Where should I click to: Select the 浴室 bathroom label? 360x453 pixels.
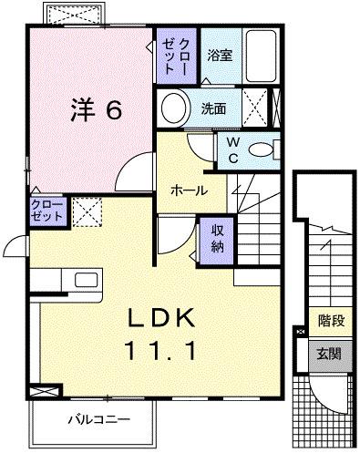coord(219,55)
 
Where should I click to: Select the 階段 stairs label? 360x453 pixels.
coord(331,321)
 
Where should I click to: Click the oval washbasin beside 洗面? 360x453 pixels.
coord(173,108)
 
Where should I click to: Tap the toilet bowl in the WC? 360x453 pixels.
coord(262,150)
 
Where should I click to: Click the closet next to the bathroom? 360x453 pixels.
coord(175,57)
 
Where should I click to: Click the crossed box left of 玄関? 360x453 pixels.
coord(301,352)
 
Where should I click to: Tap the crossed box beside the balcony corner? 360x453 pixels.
coord(41,391)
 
